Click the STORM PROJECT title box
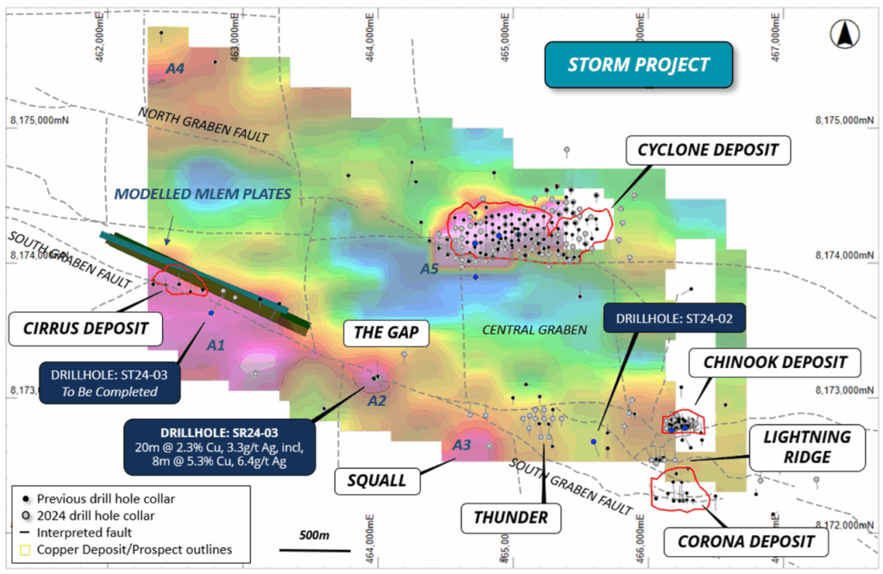(x=639, y=66)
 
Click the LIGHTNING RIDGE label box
(x=807, y=447)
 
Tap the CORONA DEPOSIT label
(x=740, y=541)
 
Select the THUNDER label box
(x=510, y=517)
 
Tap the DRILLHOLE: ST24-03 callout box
(x=110, y=382)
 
